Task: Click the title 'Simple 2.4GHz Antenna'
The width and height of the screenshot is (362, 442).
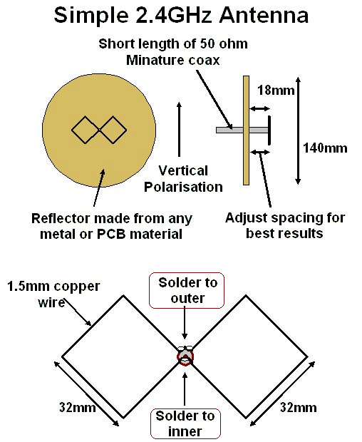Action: click(x=181, y=15)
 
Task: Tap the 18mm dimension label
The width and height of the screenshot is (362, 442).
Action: click(x=276, y=91)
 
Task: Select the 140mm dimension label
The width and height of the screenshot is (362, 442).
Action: click(x=325, y=148)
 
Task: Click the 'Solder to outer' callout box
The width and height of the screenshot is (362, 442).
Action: click(x=187, y=290)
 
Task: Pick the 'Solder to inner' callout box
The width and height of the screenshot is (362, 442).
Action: click(x=185, y=423)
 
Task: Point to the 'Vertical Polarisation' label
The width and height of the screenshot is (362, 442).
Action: click(x=183, y=179)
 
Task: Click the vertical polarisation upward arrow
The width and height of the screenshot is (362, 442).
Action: click(x=179, y=129)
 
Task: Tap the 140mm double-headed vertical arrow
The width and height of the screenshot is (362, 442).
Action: click(x=299, y=130)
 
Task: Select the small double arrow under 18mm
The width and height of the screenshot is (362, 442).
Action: click(x=260, y=108)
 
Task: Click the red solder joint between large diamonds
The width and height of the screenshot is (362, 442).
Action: click(x=185, y=356)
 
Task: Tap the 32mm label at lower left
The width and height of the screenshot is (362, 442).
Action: click(x=78, y=407)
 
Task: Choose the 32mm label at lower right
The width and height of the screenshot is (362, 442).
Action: click(x=299, y=408)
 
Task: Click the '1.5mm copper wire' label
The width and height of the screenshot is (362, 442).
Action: click(x=53, y=294)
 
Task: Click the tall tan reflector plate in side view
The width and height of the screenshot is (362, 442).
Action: click(x=247, y=130)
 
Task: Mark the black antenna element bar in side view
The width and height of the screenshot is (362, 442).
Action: click(x=269, y=130)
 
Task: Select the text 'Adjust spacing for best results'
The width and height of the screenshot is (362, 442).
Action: click(x=285, y=225)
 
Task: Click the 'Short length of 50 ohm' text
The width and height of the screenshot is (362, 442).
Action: click(x=173, y=44)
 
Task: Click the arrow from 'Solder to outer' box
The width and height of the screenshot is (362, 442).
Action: click(x=185, y=323)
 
